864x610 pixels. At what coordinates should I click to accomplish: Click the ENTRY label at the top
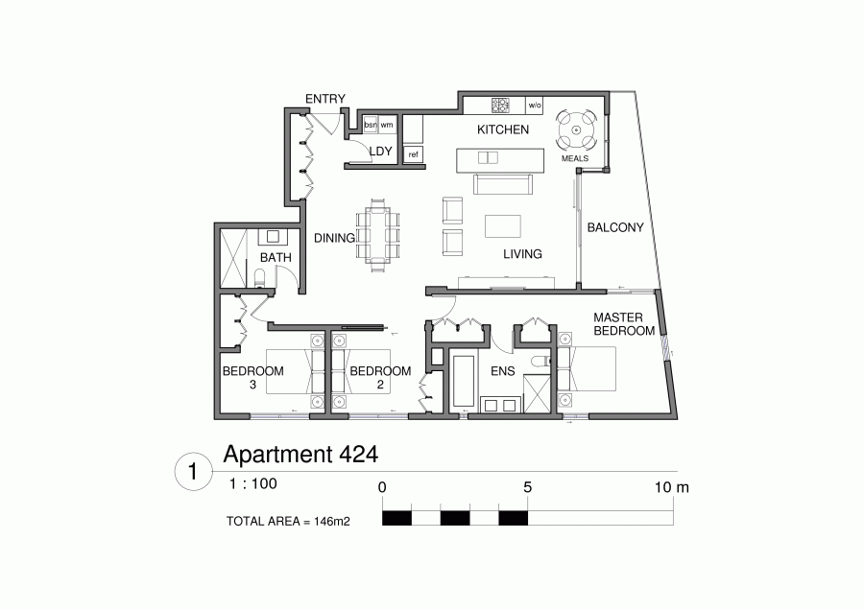click(324, 99)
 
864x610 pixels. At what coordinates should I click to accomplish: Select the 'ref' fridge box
click(413, 154)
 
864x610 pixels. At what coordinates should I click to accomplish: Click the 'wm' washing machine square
click(387, 126)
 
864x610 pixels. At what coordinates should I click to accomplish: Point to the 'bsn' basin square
click(371, 126)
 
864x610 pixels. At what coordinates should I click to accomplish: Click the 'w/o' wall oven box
click(535, 105)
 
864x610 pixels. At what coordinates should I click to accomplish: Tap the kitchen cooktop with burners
click(502, 105)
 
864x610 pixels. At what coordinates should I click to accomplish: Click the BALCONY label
click(614, 228)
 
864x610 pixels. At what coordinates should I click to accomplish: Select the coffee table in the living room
click(504, 225)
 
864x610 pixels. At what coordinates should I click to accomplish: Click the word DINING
click(334, 238)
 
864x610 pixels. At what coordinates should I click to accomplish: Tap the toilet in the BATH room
click(260, 278)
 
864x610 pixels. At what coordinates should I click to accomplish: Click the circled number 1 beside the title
click(194, 472)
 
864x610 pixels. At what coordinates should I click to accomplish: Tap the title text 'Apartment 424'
click(300, 453)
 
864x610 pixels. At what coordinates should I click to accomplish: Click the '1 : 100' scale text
click(253, 485)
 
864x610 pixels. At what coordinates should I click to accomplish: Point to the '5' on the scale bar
click(527, 487)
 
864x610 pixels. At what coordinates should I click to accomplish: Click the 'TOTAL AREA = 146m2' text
click(287, 522)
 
